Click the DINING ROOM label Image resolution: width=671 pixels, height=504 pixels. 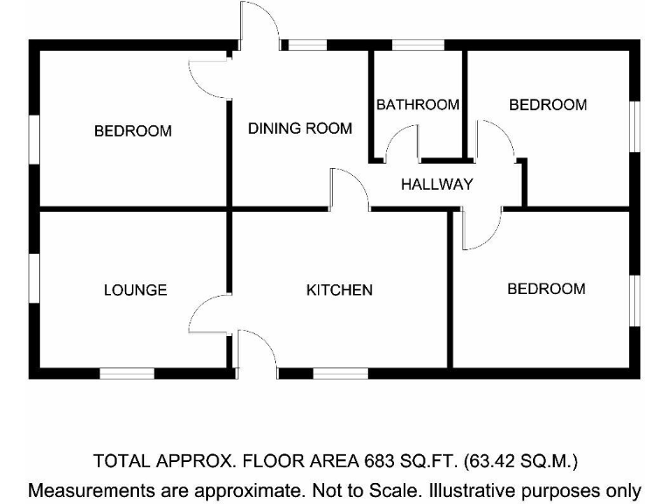point(300,129)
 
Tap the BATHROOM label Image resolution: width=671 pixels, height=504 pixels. point(418,105)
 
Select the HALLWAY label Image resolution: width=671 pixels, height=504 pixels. point(437,185)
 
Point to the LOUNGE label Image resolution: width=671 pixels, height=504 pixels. point(135,290)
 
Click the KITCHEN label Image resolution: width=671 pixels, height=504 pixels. point(339,290)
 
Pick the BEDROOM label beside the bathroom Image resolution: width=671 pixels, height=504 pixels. point(548,105)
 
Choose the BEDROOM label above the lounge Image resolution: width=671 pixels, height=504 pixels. point(133,131)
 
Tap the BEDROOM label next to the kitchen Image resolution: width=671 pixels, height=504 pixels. point(546,289)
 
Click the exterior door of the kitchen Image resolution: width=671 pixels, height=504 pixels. point(256,353)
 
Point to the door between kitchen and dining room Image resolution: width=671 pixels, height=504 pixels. point(349,189)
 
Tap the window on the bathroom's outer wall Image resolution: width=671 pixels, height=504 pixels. point(418,45)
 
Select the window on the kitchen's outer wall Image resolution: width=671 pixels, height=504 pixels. point(340,374)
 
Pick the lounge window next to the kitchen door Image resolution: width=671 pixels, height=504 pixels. point(127,374)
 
